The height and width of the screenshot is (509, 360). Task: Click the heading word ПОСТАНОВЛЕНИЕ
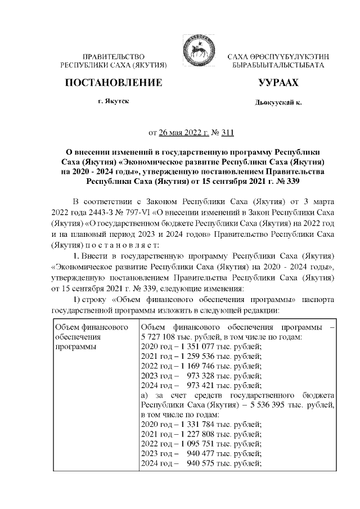114,83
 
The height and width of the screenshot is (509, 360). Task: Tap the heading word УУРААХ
278,83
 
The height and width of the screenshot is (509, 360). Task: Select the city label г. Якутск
114,101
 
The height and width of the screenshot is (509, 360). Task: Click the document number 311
226,133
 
